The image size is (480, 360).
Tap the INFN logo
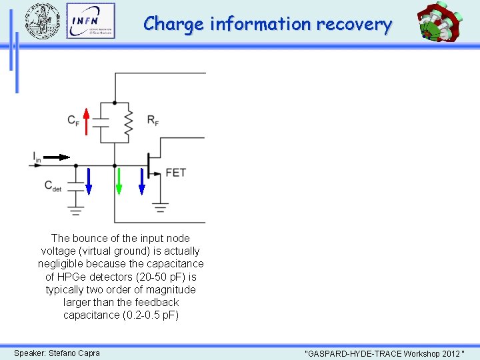click(x=91, y=21)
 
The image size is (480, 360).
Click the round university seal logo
click(x=42, y=21)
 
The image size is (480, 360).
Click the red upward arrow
click(x=86, y=121)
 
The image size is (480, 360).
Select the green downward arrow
click(x=119, y=181)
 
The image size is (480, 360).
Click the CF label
click(x=74, y=121)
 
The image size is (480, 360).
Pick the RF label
click(x=153, y=121)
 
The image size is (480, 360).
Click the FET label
click(x=175, y=173)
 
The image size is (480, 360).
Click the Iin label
click(x=37, y=157)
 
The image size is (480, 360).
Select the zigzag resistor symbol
click(x=129, y=121)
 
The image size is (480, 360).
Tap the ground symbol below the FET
click(x=160, y=207)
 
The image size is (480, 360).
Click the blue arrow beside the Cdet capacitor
click(x=89, y=180)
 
